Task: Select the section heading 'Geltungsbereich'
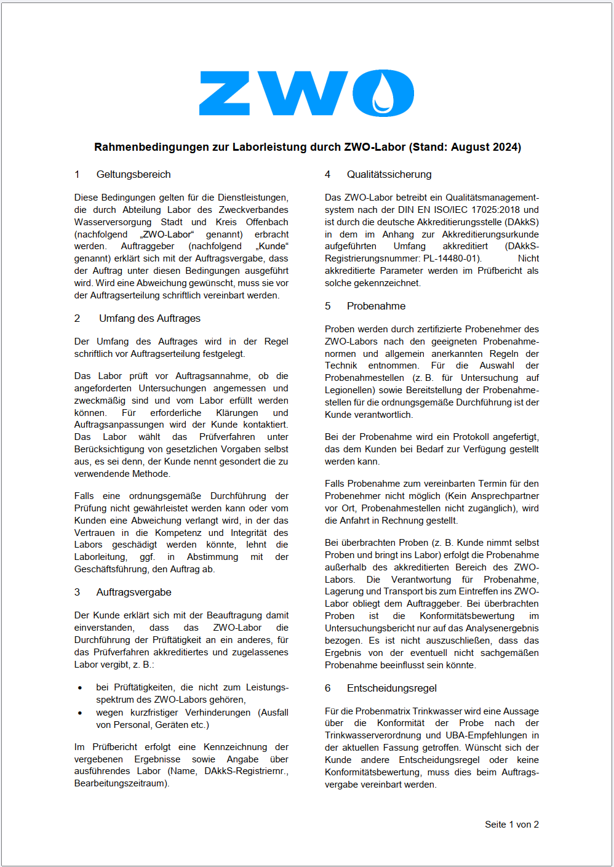[x=134, y=175]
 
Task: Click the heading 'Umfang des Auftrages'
[x=150, y=319]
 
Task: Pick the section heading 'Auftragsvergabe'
[x=134, y=593]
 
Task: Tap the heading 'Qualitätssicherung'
[x=389, y=175]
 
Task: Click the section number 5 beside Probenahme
[x=328, y=306]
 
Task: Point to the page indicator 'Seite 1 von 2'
[x=511, y=825]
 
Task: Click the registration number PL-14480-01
[x=452, y=259]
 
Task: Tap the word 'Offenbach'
[x=267, y=222]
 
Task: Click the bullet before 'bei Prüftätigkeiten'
[x=80, y=688]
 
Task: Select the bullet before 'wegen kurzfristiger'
[x=80, y=713]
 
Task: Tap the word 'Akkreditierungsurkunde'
[x=490, y=234]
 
